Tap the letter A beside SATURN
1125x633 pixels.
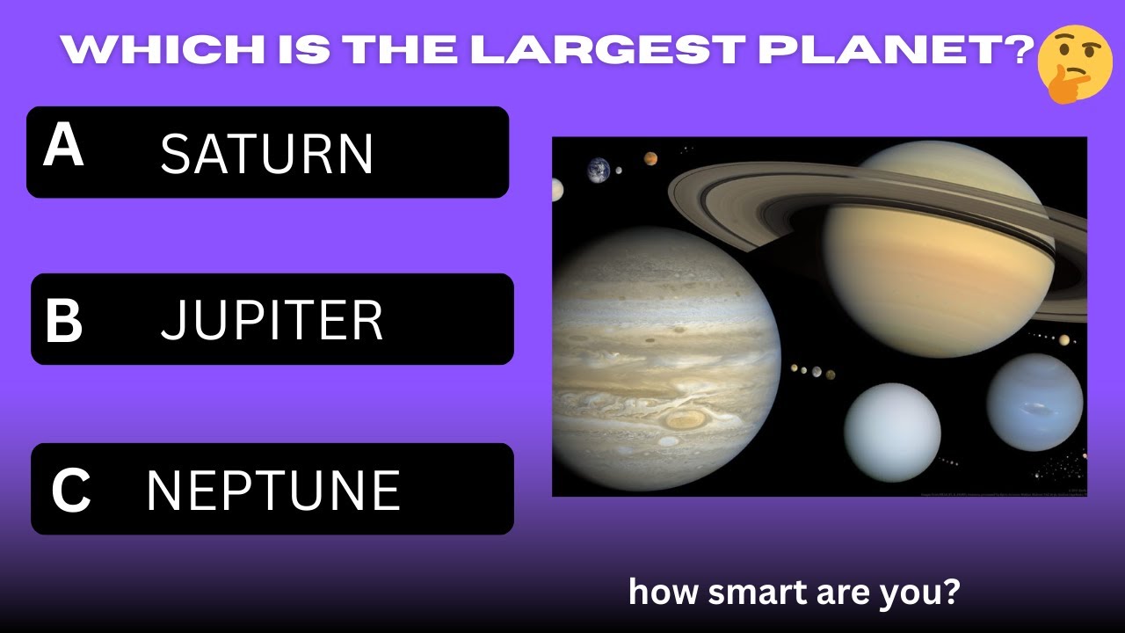(63, 146)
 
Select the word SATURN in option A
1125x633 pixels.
(267, 155)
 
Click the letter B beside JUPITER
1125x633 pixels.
(63, 322)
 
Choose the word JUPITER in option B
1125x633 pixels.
(272, 321)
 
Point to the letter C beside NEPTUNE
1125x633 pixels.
(70, 491)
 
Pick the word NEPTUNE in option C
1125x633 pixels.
(272, 491)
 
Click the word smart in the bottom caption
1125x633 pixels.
(756, 593)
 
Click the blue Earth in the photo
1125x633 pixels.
(599, 169)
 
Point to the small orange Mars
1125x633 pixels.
(650, 159)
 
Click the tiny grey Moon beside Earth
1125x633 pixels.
(619, 171)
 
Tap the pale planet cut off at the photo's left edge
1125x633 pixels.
(556, 189)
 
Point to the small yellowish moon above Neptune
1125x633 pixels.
(1064, 340)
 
